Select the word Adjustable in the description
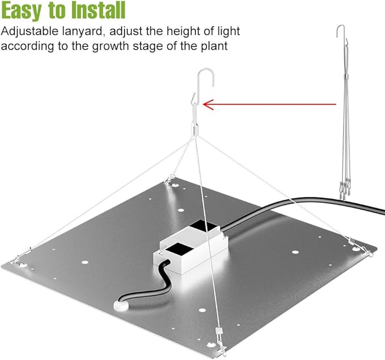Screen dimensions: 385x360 click(x=29, y=32)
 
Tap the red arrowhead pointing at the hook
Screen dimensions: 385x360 click(x=208, y=104)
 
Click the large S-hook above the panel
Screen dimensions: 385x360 click(x=206, y=78)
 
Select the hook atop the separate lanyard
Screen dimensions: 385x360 click(x=340, y=31)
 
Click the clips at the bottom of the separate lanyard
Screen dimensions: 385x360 click(x=345, y=190)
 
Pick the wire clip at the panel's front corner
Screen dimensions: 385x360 click(x=221, y=341)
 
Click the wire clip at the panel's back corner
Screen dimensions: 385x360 click(x=169, y=179)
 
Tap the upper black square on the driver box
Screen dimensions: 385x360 click(x=203, y=226)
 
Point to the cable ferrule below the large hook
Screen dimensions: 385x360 click(x=194, y=129)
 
